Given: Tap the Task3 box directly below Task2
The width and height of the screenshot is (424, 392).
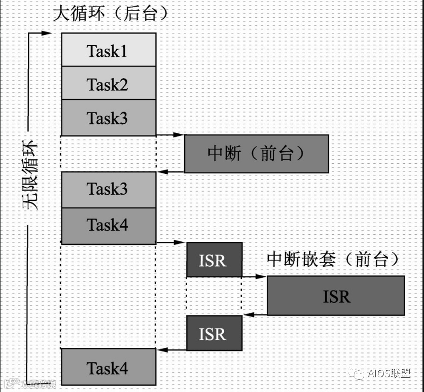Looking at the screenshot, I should (109, 118).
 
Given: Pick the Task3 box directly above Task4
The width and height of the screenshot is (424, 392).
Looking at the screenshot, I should (109, 189).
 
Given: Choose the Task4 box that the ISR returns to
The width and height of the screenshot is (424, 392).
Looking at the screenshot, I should (109, 368).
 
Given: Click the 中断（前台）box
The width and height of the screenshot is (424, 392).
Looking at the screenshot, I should (256, 154).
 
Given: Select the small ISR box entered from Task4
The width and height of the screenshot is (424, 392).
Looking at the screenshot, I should (214, 260).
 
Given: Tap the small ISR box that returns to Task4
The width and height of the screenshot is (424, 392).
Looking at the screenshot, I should (214, 333).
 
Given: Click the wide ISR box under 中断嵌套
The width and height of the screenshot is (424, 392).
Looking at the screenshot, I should (336, 296).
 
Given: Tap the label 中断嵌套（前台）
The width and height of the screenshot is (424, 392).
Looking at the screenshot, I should (333, 259).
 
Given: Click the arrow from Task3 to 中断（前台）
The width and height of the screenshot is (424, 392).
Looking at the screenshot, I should (169, 135).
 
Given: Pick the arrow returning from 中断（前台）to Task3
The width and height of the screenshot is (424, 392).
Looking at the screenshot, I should (170, 172).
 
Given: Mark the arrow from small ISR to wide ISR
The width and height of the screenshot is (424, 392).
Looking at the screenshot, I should (254, 277).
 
